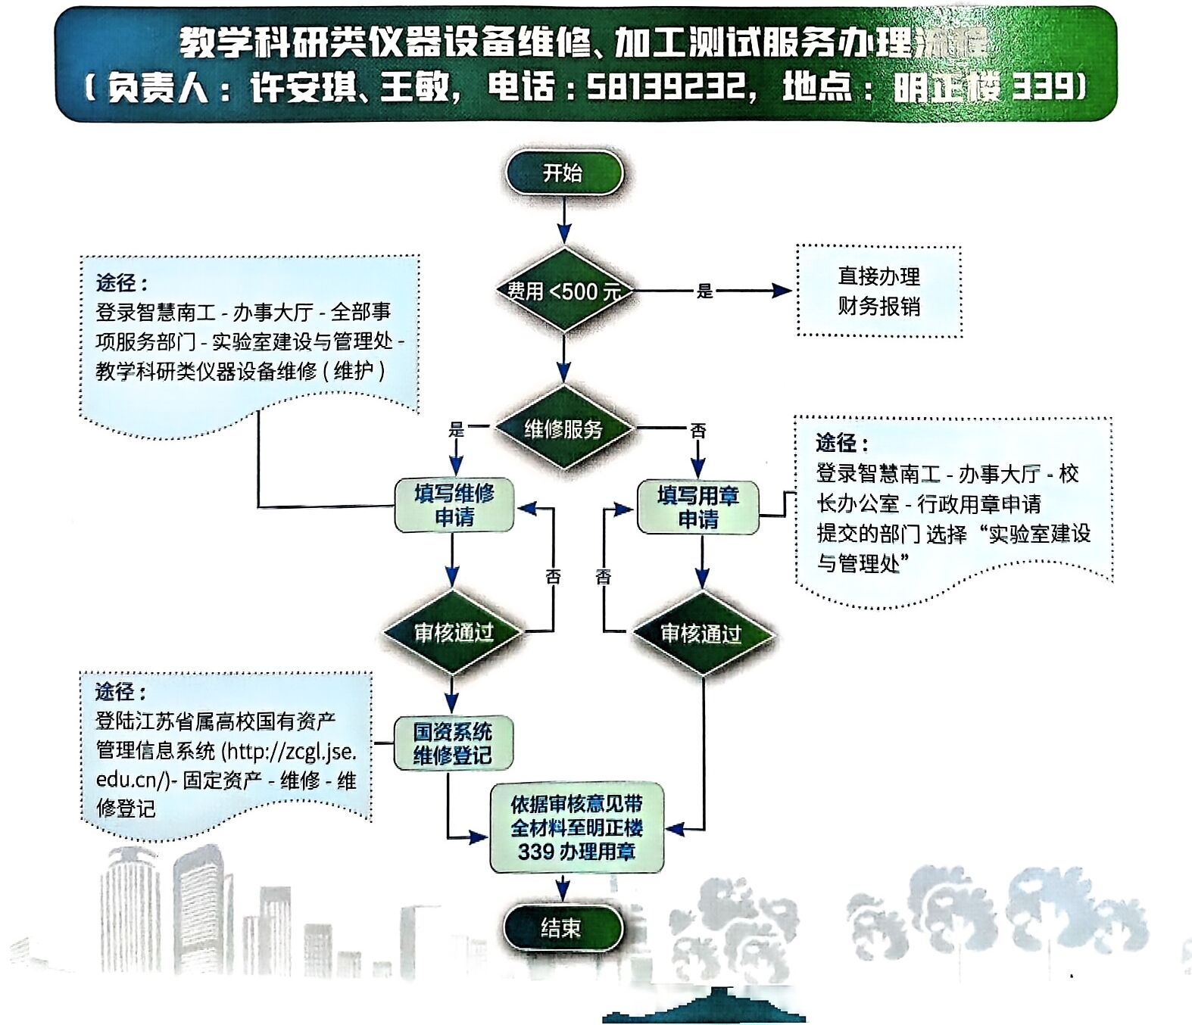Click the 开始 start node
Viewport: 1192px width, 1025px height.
(563, 173)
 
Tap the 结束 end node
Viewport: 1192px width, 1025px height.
(562, 927)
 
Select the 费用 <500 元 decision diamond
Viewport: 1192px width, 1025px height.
(563, 291)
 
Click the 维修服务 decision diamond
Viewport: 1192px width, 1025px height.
(563, 429)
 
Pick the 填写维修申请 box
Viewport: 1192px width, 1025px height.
(454, 506)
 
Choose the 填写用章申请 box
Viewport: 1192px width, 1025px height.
(697, 507)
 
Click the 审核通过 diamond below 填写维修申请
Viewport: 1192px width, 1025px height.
(453, 632)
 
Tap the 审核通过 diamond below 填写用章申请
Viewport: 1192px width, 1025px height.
(701, 634)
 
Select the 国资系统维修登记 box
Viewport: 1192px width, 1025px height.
(453, 743)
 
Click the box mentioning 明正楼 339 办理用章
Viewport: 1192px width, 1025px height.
(576, 827)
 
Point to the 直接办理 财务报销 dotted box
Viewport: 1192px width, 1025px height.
(878, 291)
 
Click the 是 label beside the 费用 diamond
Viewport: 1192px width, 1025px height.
(704, 291)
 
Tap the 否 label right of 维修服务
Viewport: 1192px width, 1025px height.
(697, 431)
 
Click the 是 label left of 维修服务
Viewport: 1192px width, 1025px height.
(456, 430)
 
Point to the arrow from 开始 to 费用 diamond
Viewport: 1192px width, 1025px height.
(563, 220)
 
